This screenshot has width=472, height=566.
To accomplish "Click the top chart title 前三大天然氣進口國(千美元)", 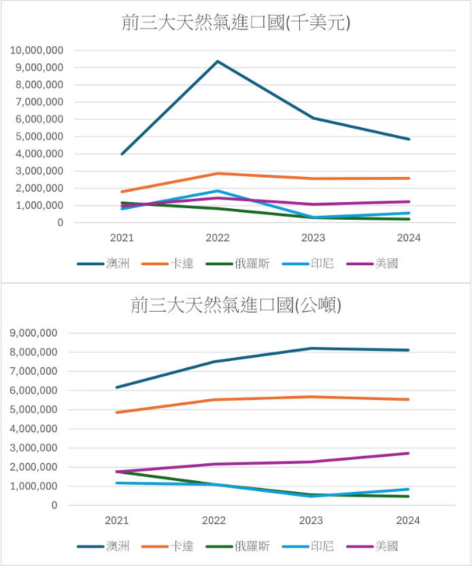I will [x=236, y=23].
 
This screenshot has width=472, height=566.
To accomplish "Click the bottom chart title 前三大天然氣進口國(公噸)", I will [x=236, y=305].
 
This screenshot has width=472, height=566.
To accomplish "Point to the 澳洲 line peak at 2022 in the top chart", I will [x=218, y=61].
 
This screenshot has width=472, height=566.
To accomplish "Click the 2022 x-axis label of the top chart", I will [x=218, y=238].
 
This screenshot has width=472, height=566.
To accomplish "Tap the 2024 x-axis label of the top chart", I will [x=409, y=238].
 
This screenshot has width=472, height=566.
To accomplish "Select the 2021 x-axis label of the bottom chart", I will [x=117, y=520].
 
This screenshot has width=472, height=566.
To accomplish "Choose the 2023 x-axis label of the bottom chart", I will [x=311, y=520].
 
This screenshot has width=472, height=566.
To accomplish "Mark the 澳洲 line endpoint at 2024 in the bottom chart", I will [x=409, y=350].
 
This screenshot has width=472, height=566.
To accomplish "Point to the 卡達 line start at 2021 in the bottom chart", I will [x=117, y=412].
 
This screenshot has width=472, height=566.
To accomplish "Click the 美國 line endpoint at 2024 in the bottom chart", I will [x=409, y=453].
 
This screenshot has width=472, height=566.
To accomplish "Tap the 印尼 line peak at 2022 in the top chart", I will [x=218, y=191].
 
